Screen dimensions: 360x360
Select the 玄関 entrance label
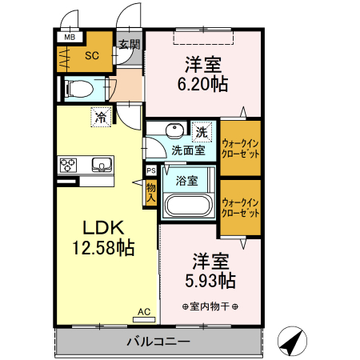point(128,45)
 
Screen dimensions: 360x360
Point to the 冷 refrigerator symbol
point(101,117)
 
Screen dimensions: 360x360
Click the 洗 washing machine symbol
point(202,130)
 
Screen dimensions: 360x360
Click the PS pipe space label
point(150,170)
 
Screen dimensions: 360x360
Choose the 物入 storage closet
point(150,192)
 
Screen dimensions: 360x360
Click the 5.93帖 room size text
point(210,281)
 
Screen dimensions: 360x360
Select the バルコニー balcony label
point(158,342)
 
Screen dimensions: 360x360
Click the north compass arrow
point(294,342)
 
